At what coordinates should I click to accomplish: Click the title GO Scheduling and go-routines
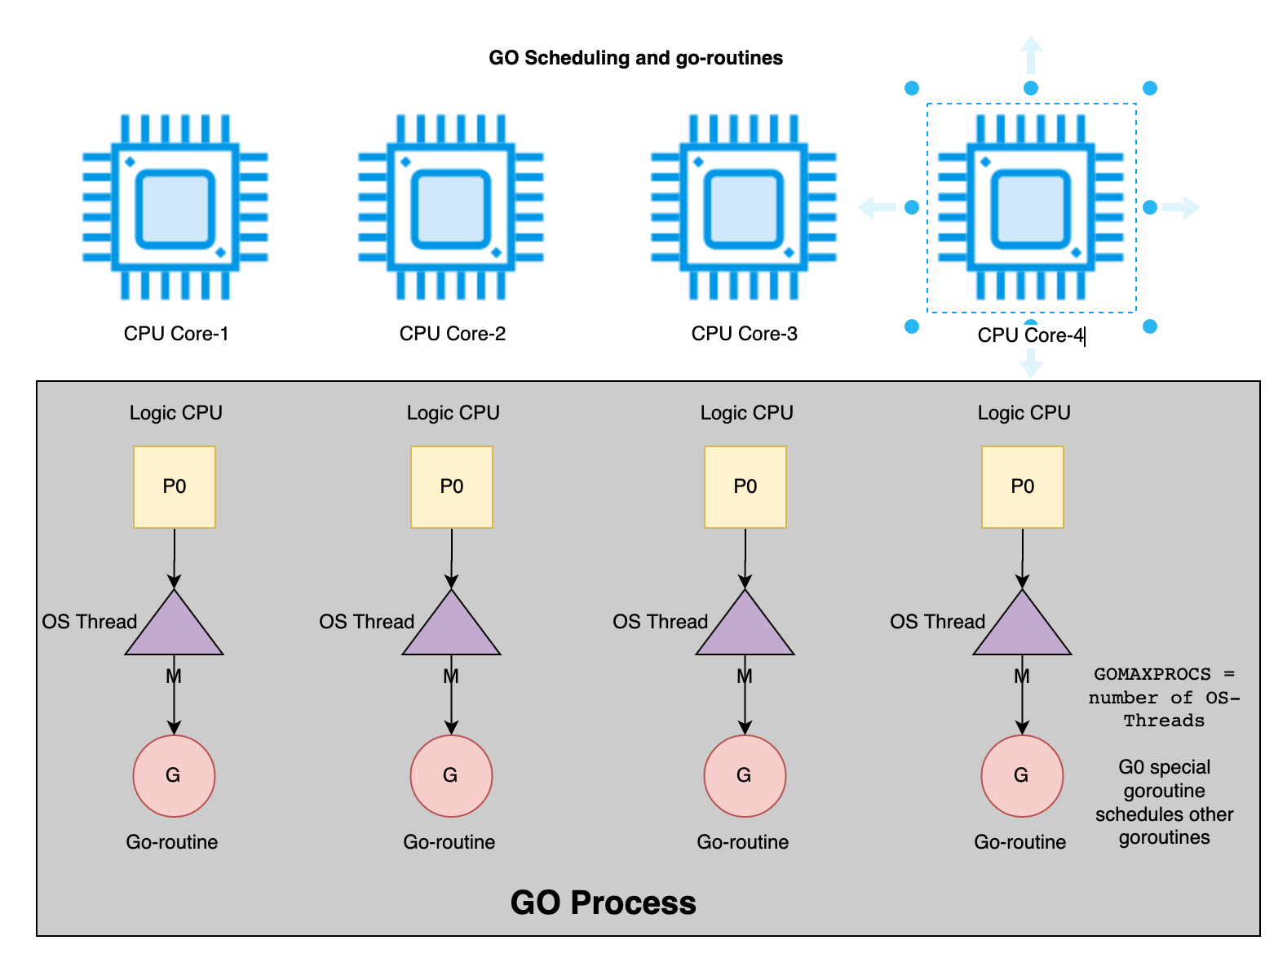coord(635,58)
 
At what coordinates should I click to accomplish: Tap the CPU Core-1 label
coord(176,334)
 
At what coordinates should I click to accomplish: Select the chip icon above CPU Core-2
coord(451,207)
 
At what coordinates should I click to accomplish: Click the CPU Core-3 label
coord(744,334)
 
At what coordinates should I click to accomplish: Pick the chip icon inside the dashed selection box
coord(1031,207)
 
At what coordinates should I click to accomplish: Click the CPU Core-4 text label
coord(1030,335)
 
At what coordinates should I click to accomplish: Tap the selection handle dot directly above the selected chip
coord(1031,88)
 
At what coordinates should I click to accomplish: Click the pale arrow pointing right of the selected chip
coord(1183,207)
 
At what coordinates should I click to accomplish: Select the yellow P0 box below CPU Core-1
coord(175,486)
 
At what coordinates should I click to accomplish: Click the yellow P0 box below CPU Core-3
coord(745,486)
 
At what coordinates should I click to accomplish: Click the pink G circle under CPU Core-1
coord(174,775)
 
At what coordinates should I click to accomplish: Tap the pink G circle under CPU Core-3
coord(745,775)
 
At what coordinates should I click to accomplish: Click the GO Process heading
coord(603,903)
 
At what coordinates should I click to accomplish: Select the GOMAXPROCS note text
coord(1164,697)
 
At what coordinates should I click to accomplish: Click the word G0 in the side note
coord(1130,767)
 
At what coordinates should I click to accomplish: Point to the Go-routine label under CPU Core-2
coord(449,842)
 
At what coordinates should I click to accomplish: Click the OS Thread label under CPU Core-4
coord(937,622)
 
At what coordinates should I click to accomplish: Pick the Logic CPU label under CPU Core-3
coord(746,413)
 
